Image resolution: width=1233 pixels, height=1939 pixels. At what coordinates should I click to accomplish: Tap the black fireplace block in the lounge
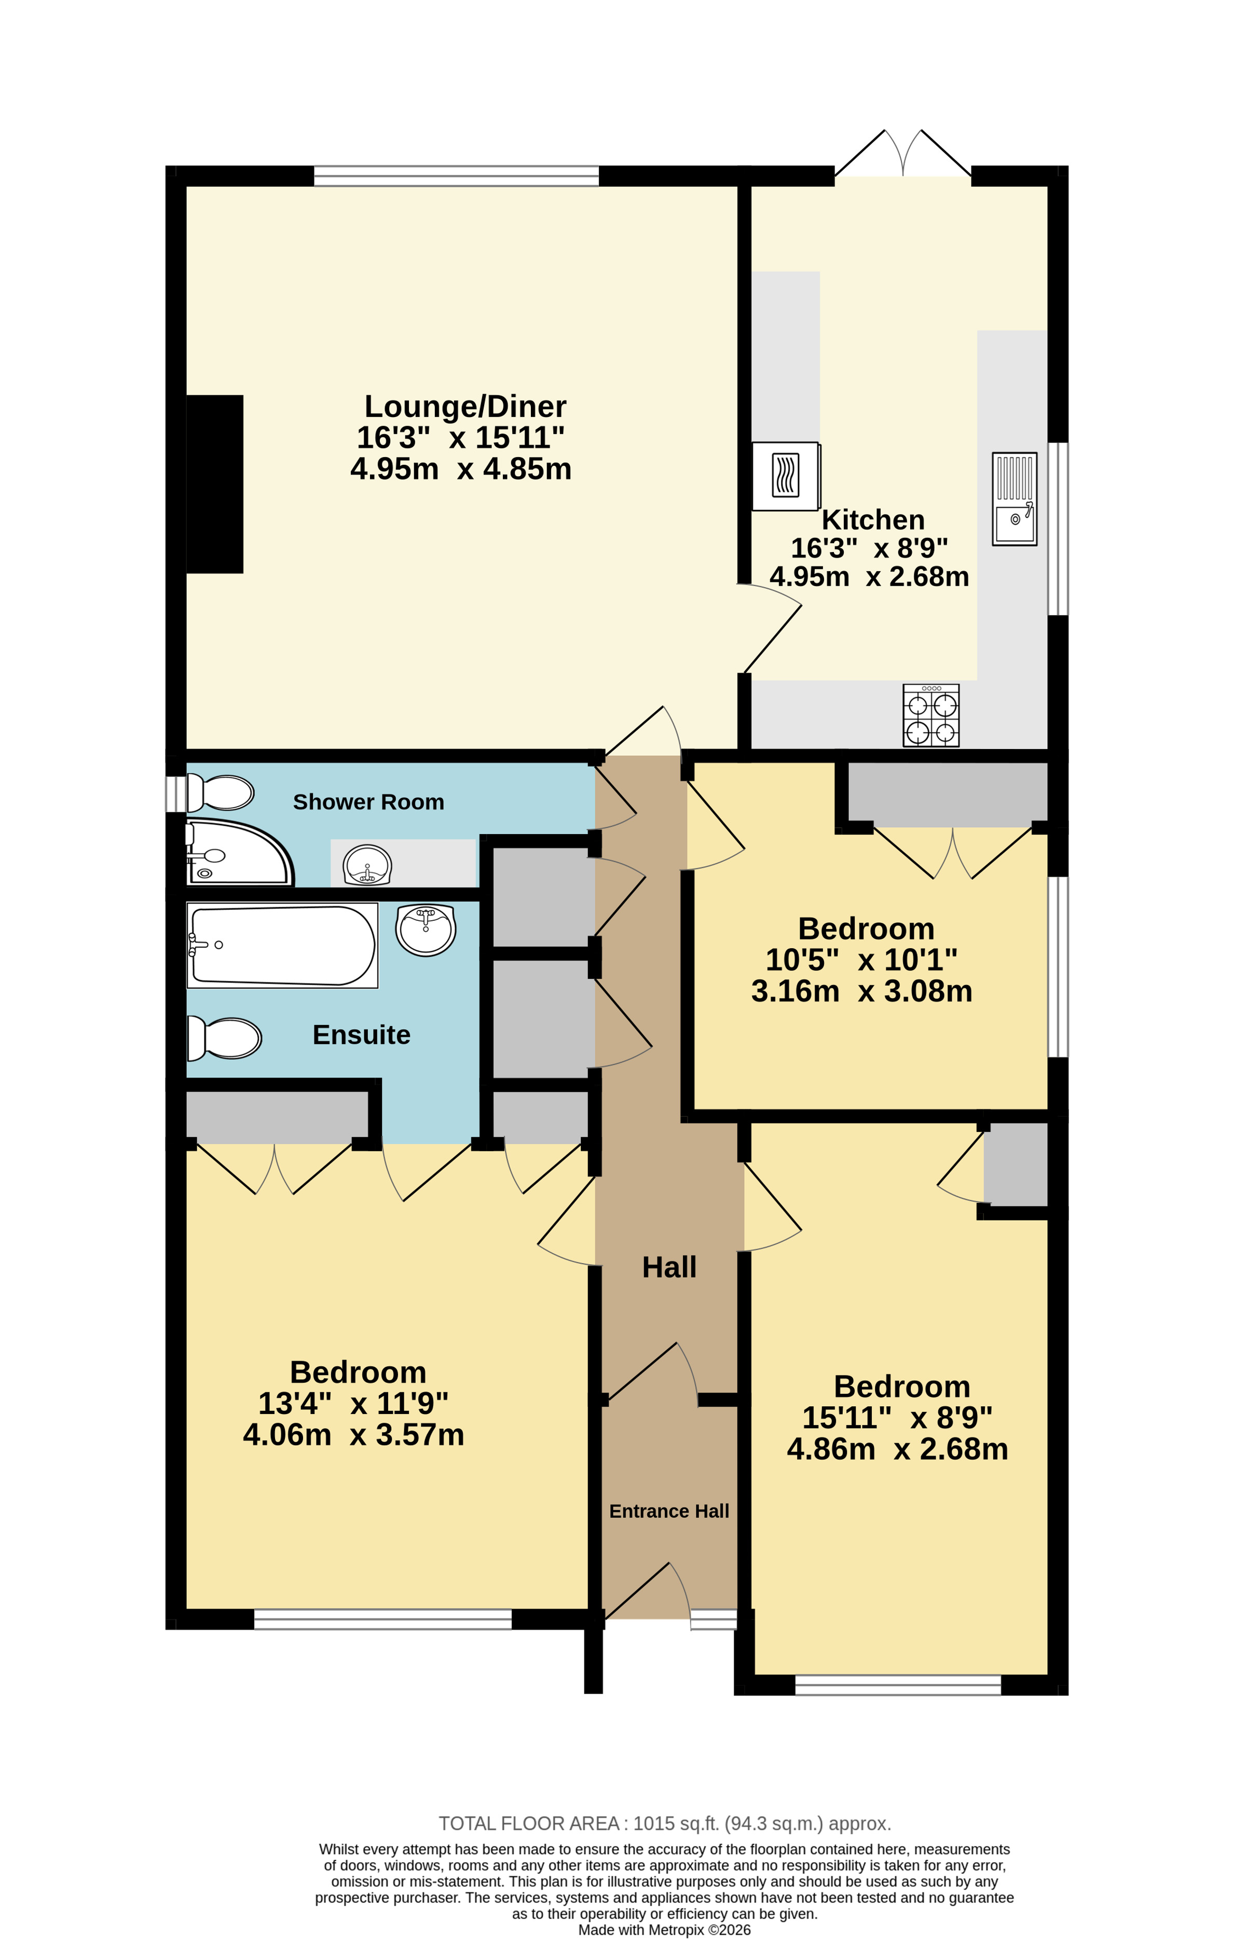pyautogui.click(x=214, y=484)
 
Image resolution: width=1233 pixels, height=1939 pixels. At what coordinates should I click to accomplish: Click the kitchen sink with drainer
pyautogui.click(x=1014, y=499)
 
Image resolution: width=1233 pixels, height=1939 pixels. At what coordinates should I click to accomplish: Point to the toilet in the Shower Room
pyautogui.click(x=220, y=792)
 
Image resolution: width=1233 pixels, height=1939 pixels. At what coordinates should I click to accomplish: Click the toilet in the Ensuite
pyautogui.click(x=224, y=1038)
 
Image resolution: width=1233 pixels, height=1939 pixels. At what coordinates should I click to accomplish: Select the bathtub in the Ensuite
pyautogui.click(x=282, y=945)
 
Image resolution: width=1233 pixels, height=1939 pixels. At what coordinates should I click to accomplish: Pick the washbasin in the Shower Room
pyautogui.click(x=367, y=865)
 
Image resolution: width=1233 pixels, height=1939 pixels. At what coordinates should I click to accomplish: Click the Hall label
pyautogui.click(x=669, y=1267)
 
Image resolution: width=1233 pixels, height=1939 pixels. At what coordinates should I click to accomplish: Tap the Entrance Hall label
pyautogui.click(x=669, y=1512)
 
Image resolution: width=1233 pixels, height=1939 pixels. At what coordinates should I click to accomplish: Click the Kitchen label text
pyautogui.click(x=873, y=519)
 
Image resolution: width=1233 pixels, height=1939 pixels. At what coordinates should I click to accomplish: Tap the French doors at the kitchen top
pyautogui.click(x=903, y=153)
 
